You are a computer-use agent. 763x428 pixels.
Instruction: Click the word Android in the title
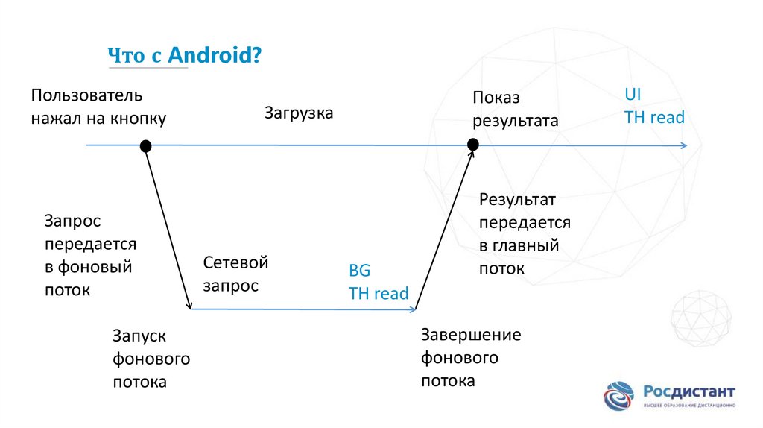pyautogui.click(x=209, y=55)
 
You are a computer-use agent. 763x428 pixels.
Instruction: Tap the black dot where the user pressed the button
pyautogui.click(x=146, y=145)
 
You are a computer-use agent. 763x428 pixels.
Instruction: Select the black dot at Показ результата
pyautogui.click(x=472, y=145)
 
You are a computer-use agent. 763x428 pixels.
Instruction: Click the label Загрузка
pyautogui.click(x=299, y=113)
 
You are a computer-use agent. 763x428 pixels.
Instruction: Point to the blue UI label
pyautogui.click(x=633, y=95)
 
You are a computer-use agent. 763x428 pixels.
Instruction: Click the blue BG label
pyautogui.click(x=359, y=270)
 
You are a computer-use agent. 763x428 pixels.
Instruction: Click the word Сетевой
pyautogui.click(x=235, y=262)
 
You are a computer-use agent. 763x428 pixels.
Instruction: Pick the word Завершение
pyautogui.click(x=471, y=334)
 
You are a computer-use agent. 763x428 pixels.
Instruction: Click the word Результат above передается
pyautogui.click(x=517, y=199)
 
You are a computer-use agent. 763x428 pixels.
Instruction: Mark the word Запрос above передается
pyautogui.click(x=72, y=221)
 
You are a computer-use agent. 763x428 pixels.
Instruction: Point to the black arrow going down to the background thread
pyautogui.click(x=168, y=227)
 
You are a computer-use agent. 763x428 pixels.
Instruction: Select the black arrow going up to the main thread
pyautogui.click(x=444, y=227)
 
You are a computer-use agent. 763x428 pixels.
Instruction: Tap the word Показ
pyautogui.click(x=496, y=98)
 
